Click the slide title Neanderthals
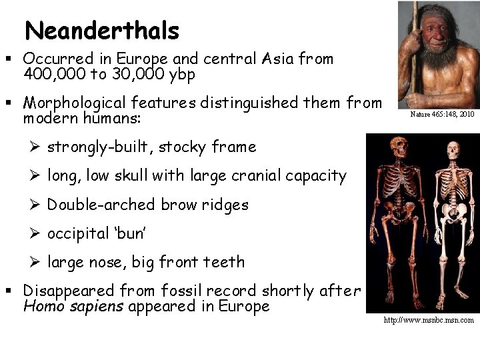point(101,30)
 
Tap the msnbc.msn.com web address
point(428,320)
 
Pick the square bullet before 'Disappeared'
point(14,292)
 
